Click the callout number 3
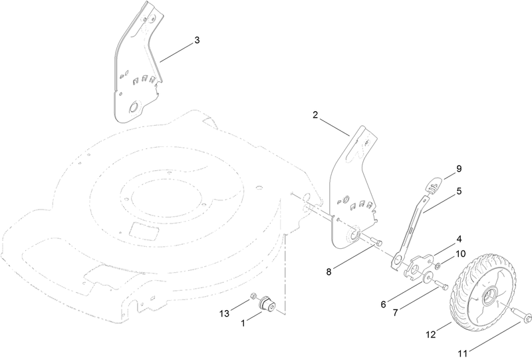click(x=197, y=41)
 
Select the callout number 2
click(x=315, y=116)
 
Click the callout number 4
click(x=459, y=238)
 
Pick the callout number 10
click(x=460, y=254)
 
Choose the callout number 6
click(x=383, y=304)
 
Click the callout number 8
click(x=329, y=272)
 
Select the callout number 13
click(x=224, y=313)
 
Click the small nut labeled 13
click(x=254, y=297)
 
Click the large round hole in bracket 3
click(x=134, y=106)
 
